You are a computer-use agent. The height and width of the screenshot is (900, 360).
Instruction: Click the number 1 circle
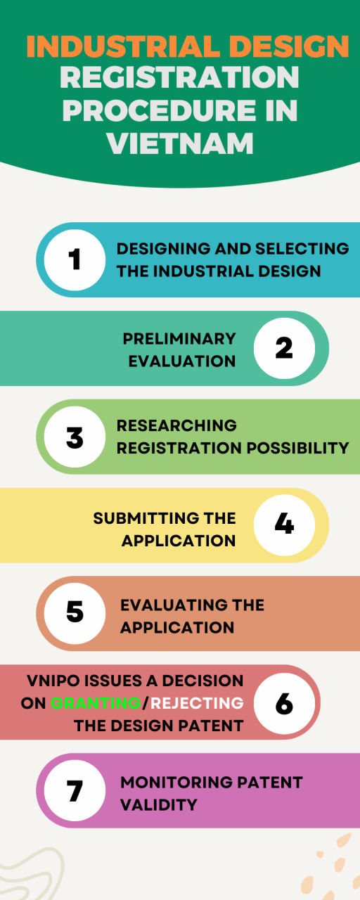75,260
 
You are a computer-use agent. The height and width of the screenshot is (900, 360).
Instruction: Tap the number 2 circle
285,348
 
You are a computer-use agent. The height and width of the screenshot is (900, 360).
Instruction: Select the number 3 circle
75,437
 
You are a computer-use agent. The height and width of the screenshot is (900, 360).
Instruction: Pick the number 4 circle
285,525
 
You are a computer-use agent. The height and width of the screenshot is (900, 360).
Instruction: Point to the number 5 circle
75,614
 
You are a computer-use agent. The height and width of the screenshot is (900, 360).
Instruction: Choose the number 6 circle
285,704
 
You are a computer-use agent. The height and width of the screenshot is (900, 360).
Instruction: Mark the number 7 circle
75,790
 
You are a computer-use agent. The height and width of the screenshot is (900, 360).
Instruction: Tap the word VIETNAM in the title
181,143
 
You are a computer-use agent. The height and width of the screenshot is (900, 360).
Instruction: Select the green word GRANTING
96,703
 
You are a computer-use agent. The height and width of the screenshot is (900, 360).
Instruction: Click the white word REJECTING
197,703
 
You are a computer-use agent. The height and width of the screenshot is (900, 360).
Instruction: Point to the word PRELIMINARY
179,339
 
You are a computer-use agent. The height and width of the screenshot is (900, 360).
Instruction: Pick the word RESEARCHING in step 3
176,425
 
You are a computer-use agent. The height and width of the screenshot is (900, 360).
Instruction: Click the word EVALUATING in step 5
172,605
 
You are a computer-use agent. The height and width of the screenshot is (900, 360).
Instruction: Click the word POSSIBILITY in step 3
297,448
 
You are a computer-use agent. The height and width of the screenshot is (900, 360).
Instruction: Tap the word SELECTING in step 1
302,249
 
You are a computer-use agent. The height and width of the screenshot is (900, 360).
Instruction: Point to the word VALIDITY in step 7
159,805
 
